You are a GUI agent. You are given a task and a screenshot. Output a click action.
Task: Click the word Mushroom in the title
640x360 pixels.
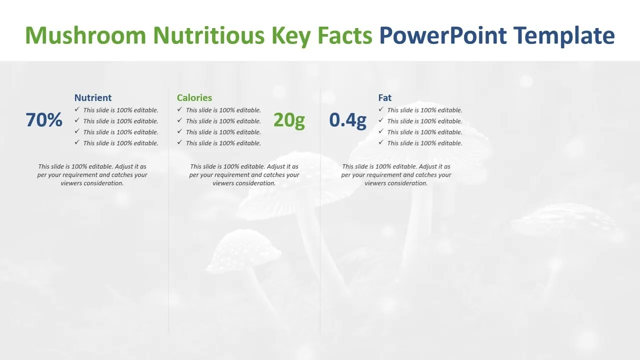click(85, 35)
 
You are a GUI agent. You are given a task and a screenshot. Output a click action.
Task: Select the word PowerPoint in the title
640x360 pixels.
click(443, 35)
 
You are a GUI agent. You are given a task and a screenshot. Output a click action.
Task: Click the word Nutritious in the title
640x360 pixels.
click(209, 35)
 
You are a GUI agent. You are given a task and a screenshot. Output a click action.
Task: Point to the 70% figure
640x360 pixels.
click(44, 119)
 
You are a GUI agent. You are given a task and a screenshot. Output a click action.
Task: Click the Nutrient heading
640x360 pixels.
click(93, 97)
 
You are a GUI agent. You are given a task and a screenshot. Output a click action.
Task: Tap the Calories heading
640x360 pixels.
click(194, 97)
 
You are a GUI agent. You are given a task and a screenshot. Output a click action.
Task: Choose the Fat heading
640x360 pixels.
click(385, 97)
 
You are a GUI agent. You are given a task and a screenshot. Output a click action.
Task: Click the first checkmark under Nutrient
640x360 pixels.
click(77, 109)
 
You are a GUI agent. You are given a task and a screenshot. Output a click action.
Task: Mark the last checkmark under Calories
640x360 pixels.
click(179, 142)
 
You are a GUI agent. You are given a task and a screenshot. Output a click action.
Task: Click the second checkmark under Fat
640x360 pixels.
click(381, 120)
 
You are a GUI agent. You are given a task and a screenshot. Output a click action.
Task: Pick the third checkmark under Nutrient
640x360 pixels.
click(77, 131)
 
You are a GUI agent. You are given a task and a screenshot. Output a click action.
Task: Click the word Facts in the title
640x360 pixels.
click(345, 35)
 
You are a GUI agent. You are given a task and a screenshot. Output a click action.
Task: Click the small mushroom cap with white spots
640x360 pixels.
click(243, 249)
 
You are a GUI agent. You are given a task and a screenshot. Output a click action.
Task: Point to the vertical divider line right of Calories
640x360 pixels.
click(320, 210)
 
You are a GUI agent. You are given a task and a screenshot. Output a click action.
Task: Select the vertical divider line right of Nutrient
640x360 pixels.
click(168, 210)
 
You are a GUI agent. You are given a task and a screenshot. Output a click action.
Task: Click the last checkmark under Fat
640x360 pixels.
click(381, 142)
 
